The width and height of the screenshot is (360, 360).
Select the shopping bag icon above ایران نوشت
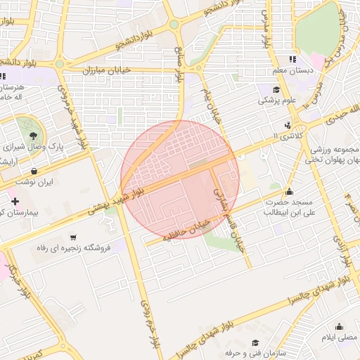click(x=34, y=171)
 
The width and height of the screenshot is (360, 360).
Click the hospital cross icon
click(x=15, y=202)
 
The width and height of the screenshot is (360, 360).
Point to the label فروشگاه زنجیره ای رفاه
click(x=73, y=249)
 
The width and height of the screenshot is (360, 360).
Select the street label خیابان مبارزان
click(x=108, y=71)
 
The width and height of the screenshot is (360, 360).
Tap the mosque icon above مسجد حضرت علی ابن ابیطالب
click(x=288, y=191)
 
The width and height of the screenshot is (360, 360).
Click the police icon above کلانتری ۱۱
click(x=287, y=125)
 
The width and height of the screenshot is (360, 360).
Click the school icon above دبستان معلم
click(x=293, y=60)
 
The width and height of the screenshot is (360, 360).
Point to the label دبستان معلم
click(x=292, y=71)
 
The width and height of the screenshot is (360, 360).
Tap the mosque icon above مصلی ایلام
click(x=340, y=326)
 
